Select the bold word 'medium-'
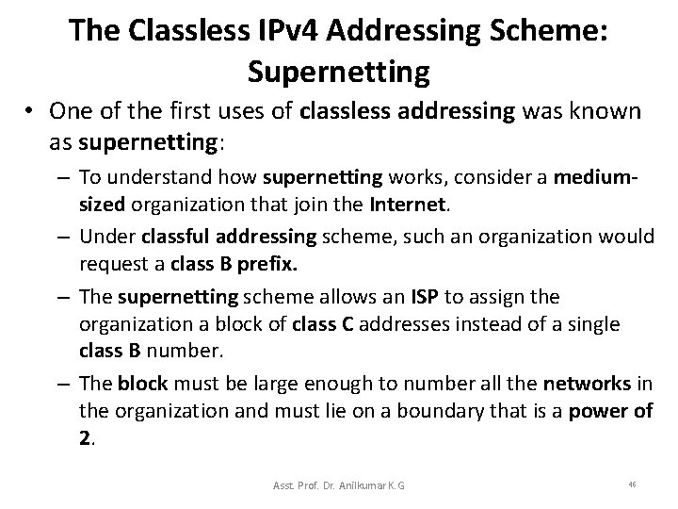coord(593,176)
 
